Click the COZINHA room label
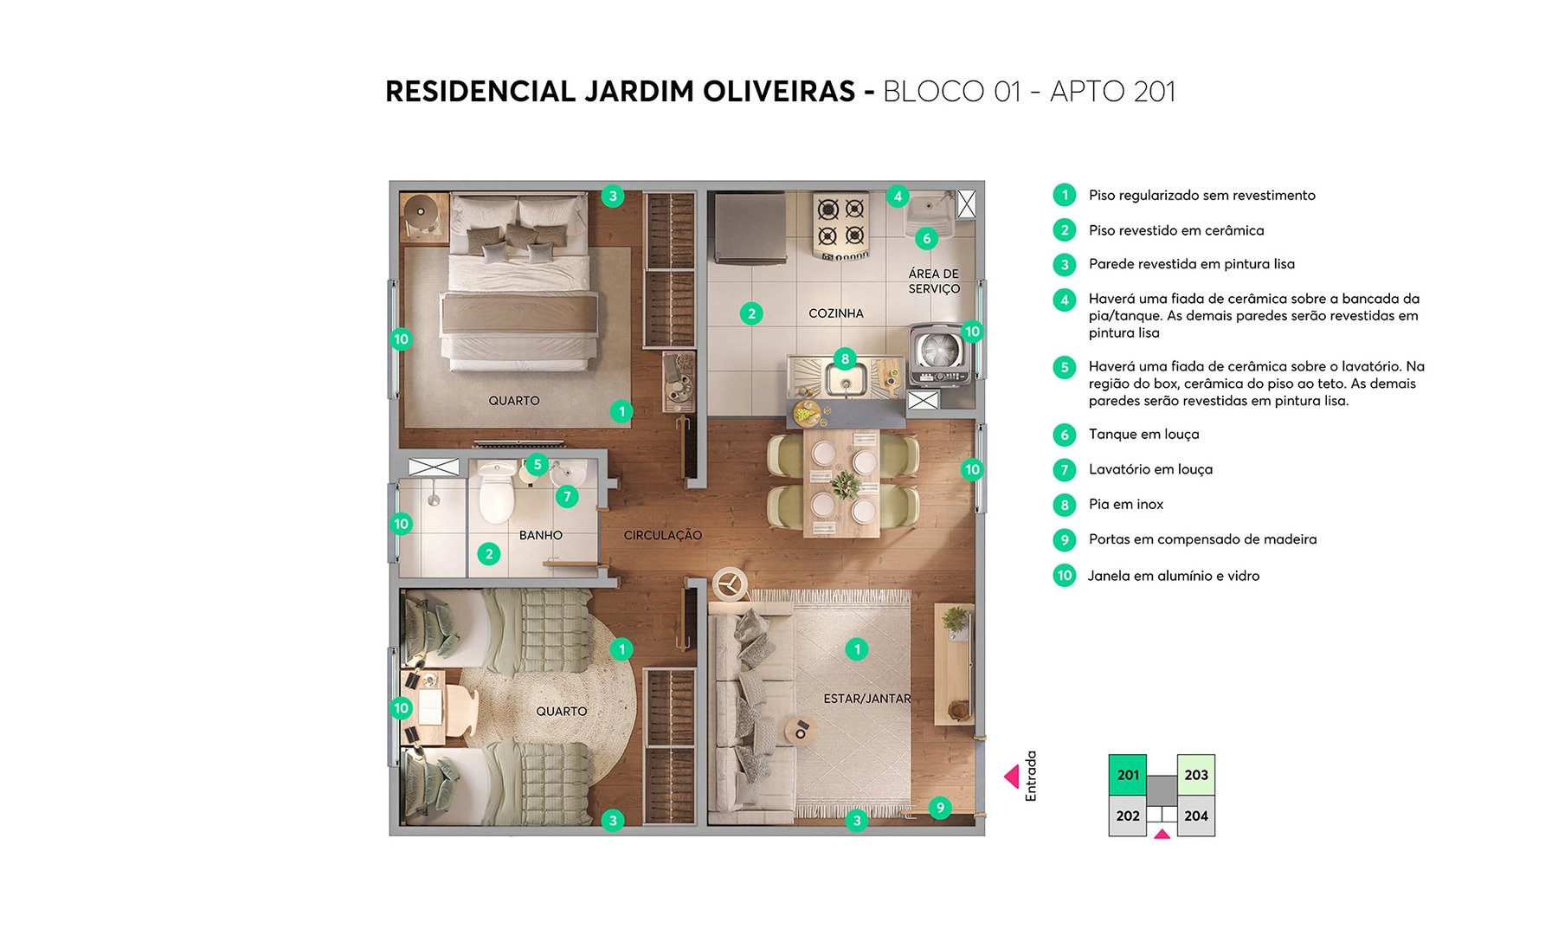click(x=835, y=313)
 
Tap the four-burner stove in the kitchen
click(x=840, y=224)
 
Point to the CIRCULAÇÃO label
click(x=662, y=536)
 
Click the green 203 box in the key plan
click(x=1195, y=775)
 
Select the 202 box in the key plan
click(x=1127, y=816)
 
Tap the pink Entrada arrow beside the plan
click(x=1011, y=777)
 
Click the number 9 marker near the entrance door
click(x=940, y=808)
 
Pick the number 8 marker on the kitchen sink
click(x=845, y=358)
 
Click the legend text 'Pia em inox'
click(x=1125, y=505)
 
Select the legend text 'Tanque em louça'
click(x=1143, y=435)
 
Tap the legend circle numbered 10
click(x=1064, y=576)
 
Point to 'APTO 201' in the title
click(x=1112, y=92)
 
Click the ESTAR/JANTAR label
click(x=866, y=699)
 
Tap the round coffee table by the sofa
click(x=800, y=730)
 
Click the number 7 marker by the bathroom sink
click(x=567, y=497)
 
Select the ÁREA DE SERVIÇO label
click(x=933, y=281)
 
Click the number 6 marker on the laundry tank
click(x=926, y=238)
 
